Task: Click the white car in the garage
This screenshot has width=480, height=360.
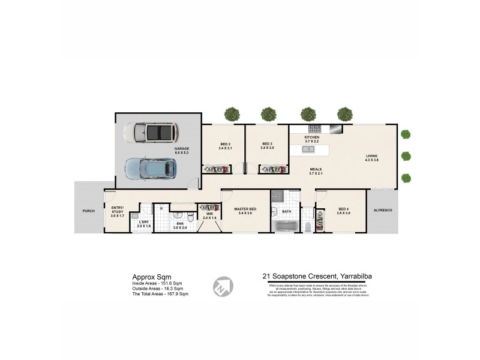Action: click(151, 133)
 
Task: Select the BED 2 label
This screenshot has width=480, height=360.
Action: click(226, 145)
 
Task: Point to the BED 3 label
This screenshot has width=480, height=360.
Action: click(268, 145)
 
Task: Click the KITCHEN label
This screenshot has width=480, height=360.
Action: click(311, 138)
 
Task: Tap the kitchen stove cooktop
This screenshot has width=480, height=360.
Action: click(314, 128)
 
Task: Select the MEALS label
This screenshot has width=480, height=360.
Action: click(316, 169)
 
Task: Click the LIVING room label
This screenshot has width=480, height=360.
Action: click(373, 157)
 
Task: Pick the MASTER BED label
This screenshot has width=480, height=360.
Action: click(244, 208)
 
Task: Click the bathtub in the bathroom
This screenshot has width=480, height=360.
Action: click(284, 226)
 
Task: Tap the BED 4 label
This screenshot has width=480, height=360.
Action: click(344, 208)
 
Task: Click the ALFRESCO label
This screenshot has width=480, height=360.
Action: click(382, 211)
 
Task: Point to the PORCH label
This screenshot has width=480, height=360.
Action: click(89, 211)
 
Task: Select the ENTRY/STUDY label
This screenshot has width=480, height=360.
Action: click(117, 208)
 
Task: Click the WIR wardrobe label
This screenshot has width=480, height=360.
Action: click(209, 212)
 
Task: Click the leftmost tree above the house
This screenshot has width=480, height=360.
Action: click(232, 113)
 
